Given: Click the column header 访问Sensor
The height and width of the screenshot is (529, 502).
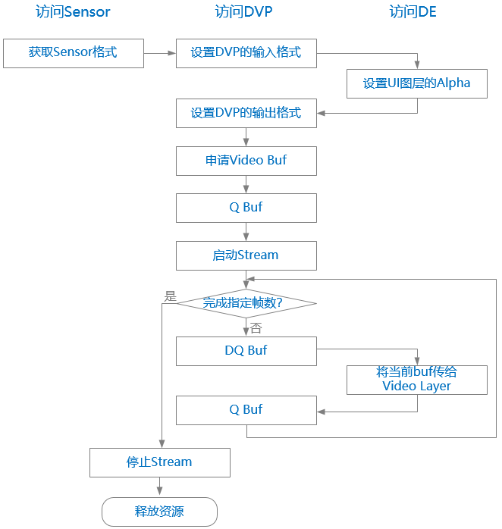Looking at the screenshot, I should click(x=73, y=12).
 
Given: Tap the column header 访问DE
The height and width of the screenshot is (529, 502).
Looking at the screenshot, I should click(x=413, y=12).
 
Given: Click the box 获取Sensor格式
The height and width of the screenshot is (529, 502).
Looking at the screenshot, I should click(x=74, y=53).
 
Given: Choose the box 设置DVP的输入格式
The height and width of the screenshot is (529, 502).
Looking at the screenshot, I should click(x=246, y=53).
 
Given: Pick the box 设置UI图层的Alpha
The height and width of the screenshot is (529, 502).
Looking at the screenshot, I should click(x=416, y=84).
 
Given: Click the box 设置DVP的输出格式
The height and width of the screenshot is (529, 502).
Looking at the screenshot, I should click(x=246, y=114).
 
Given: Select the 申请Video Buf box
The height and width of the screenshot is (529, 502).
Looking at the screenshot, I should click(x=246, y=161).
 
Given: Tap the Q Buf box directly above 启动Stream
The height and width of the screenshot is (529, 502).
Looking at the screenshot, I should click(x=246, y=208).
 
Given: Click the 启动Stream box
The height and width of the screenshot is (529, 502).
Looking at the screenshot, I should click(x=246, y=255).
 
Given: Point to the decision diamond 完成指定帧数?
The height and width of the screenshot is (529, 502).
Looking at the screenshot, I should click(x=246, y=303).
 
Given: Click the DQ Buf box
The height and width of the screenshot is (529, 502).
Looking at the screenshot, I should click(x=246, y=351).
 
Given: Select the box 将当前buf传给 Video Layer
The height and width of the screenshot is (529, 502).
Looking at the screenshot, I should click(x=416, y=380).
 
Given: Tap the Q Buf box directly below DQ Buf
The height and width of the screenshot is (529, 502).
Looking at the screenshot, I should click(x=246, y=410).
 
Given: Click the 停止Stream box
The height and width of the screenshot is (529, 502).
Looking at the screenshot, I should click(x=159, y=462).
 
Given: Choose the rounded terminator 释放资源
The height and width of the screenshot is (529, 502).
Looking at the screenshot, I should click(x=159, y=512).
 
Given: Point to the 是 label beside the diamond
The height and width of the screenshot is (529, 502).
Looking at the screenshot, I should click(x=170, y=296).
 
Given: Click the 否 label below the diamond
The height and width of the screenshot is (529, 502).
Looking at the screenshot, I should click(x=256, y=328).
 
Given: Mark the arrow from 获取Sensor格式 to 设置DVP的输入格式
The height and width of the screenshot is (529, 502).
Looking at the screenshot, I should click(x=159, y=53).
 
